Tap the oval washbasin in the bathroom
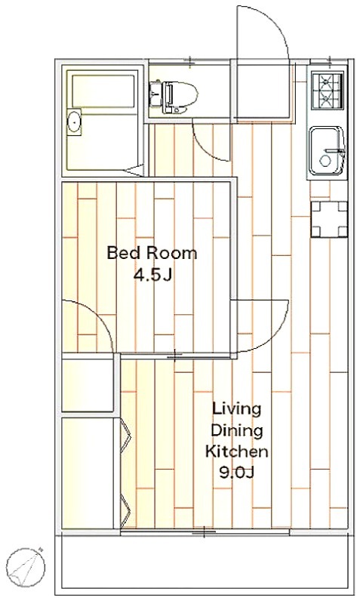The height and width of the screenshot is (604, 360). point(73,122)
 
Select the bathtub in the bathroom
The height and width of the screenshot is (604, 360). point(103,90)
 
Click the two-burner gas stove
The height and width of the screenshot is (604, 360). point(327,91)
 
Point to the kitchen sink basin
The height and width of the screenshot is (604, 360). point(327,150)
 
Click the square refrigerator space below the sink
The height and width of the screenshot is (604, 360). point(329,219)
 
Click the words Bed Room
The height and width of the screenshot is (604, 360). point(152,253)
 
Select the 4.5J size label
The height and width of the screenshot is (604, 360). point(152,275)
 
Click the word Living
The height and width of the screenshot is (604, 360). point(237,409)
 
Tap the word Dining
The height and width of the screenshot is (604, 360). point(236,430)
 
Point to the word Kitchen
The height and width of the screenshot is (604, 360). point(236,451)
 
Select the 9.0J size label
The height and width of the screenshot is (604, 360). point(237,473)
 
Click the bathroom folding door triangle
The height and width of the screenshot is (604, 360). point(134,171)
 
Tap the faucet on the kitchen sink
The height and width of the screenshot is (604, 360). point(336,150)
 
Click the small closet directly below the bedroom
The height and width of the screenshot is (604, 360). point(88,385)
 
